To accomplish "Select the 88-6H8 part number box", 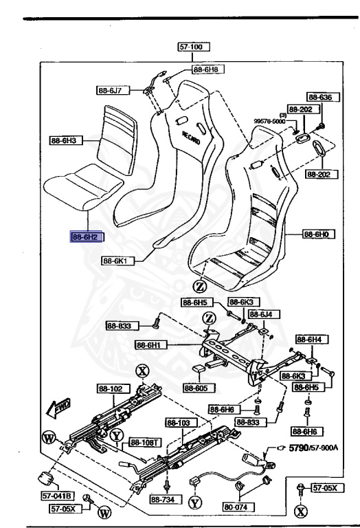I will (x=205, y=69).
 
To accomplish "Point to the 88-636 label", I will (x=319, y=98).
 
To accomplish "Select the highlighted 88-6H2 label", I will (x=82, y=236).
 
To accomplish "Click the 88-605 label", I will (x=199, y=387).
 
